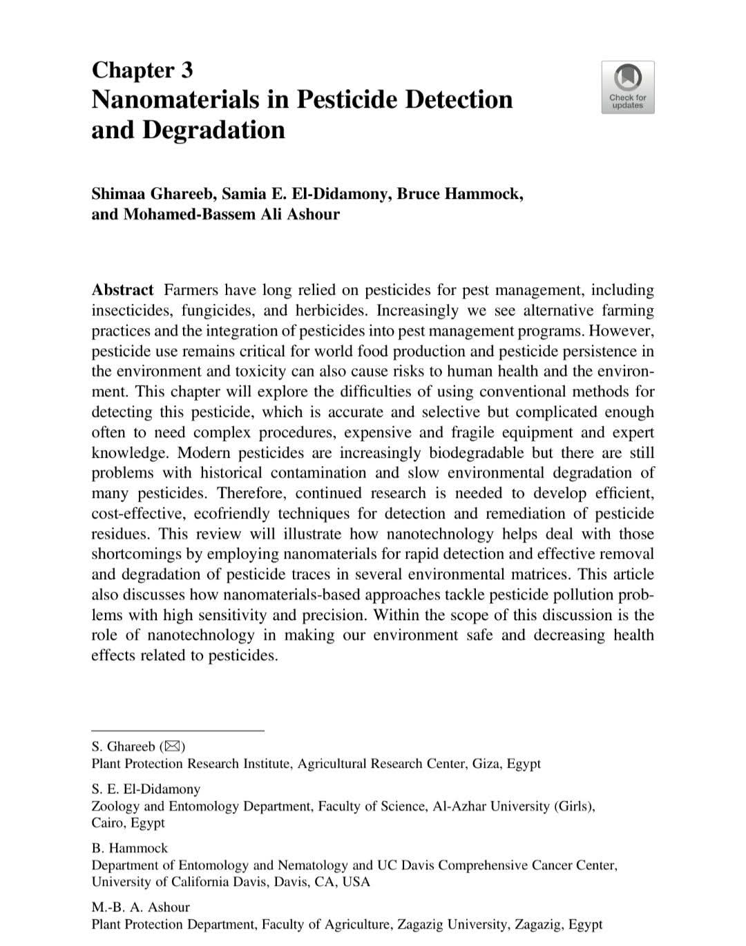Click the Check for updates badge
point(627,87)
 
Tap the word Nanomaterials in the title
point(175,99)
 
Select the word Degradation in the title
point(213,130)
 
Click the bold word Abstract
point(122,290)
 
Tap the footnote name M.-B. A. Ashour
point(140,907)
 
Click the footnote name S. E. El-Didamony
point(146,789)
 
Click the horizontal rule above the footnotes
point(178,730)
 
